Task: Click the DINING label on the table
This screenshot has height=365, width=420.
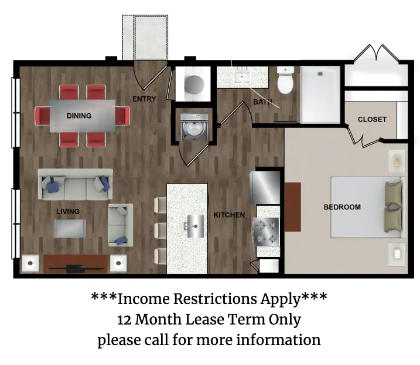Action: coord(79,116)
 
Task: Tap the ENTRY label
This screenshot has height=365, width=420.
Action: coord(144,99)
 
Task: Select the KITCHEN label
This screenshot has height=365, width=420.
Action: coord(229,215)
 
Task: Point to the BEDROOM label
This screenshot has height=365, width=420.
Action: coord(342,207)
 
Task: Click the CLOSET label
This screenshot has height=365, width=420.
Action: coord(372,120)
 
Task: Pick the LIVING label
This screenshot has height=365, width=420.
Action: coord(68,211)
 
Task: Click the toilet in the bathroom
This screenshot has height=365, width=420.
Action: coord(285,80)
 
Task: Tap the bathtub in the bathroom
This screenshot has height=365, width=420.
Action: coord(320,94)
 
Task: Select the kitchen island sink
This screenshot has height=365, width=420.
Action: coord(195,227)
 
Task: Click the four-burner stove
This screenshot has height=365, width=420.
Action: coord(267,232)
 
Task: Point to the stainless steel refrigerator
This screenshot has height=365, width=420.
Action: coord(265,187)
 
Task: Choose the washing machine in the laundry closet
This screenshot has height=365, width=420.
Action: coord(194,127)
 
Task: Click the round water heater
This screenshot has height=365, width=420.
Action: coord(194,85)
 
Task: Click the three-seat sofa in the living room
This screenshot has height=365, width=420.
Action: coord(75,184)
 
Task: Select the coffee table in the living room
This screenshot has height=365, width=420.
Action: coord(70,229)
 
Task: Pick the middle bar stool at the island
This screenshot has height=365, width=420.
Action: coord(160,230)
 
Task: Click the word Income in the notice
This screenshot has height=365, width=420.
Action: coord(144,299)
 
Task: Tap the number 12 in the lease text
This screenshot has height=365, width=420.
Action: coord(124,320)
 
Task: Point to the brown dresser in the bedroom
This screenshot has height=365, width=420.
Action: coord(293,207)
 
